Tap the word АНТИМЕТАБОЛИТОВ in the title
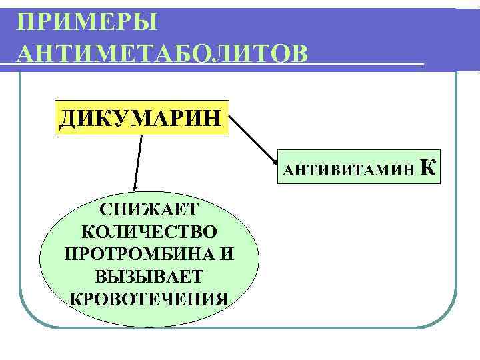(164, 53)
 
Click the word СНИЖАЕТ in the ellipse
(149, 209)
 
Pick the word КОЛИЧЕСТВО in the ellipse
(149, 232)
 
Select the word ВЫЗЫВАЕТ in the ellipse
(149, 276)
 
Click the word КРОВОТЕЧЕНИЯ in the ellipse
(149, 298)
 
